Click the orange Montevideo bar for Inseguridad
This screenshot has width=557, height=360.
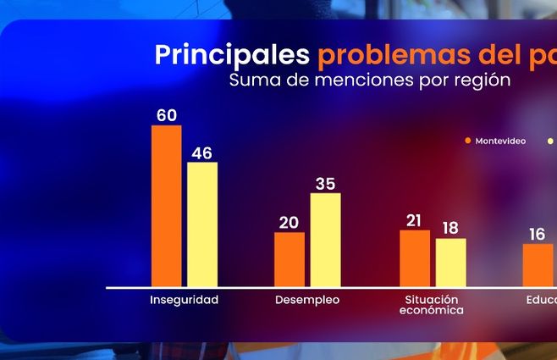tap(166, 206)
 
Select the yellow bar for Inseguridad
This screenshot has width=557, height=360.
tap(201, 224)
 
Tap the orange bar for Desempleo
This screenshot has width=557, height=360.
tap(289, 259)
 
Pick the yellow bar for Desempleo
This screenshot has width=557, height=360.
tap(325, 240)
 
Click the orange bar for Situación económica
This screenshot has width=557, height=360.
tap(415, 258)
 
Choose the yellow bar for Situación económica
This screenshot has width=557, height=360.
tap(450, 263)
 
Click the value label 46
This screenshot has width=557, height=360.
tap(201, 152)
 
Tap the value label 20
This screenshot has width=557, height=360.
tap(289, 222)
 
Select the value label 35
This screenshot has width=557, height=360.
tap(326, 183)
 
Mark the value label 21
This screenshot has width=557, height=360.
tap(414, 220)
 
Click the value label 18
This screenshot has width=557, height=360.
tap(450, 228)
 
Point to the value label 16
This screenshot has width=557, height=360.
tap(537, 235)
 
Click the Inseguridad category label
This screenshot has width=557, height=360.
tap(184, 300)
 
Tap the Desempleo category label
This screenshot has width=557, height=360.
tap(307, 300)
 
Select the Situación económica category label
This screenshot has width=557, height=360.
tap(432, 305)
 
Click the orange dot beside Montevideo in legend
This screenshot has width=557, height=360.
tap(467, 141)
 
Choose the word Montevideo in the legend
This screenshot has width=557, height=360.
tap(500, 141)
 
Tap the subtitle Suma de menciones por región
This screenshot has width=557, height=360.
tap(370, 80)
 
